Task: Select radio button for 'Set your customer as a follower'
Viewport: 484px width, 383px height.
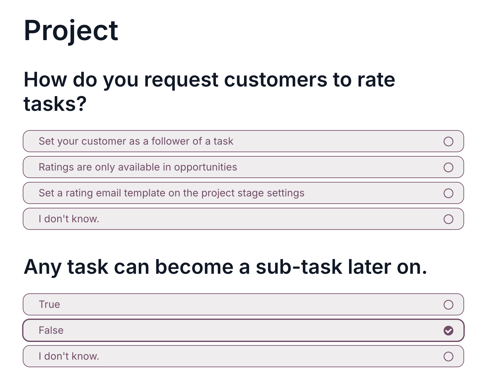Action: click(x=448, y=141)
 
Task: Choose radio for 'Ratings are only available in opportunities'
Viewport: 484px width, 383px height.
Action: click(x=448, y=167)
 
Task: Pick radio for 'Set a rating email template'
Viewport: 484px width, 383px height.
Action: click(x=448, y=193)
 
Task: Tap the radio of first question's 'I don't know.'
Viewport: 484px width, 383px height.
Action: click(x=448, y=219)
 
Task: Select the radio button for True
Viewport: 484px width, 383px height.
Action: click(x=448, y=305)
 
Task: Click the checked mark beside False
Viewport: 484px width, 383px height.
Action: click(x=448, y=331)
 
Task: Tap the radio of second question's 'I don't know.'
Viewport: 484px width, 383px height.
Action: click(x=448, y=356)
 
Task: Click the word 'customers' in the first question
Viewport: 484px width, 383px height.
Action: click(x=276, y=80)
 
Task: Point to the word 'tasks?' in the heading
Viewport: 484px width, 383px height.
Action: click(x=55, y=104)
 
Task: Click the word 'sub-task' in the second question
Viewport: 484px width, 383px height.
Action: click(x=299, y=267)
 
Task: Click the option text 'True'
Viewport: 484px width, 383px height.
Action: click(x=50, y=305)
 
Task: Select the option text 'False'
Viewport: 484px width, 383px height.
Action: click(x=51, y=331)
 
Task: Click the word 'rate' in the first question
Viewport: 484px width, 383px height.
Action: click(x=376, y=80)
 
